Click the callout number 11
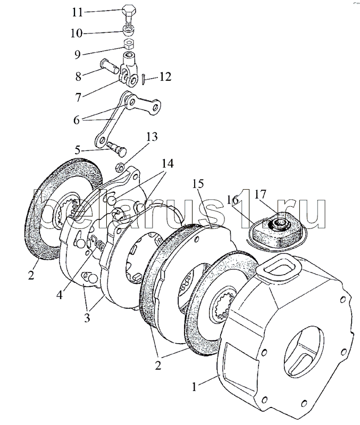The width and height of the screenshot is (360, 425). click(77, 12)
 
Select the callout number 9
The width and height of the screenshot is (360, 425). click(77, 55)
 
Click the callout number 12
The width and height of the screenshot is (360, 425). click(165, 76)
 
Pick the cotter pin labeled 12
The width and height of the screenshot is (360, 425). click(143, 79)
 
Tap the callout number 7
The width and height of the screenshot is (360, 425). click(78, 98)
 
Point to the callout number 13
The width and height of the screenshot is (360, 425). click(152, 137)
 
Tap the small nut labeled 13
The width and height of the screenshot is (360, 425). click(120, 167)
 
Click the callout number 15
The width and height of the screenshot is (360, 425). click(198, 184)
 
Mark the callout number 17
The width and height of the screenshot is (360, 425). click(260, 194)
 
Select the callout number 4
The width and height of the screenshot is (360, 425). click(60, 294)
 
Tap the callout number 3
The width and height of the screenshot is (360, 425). click(87, 317)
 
